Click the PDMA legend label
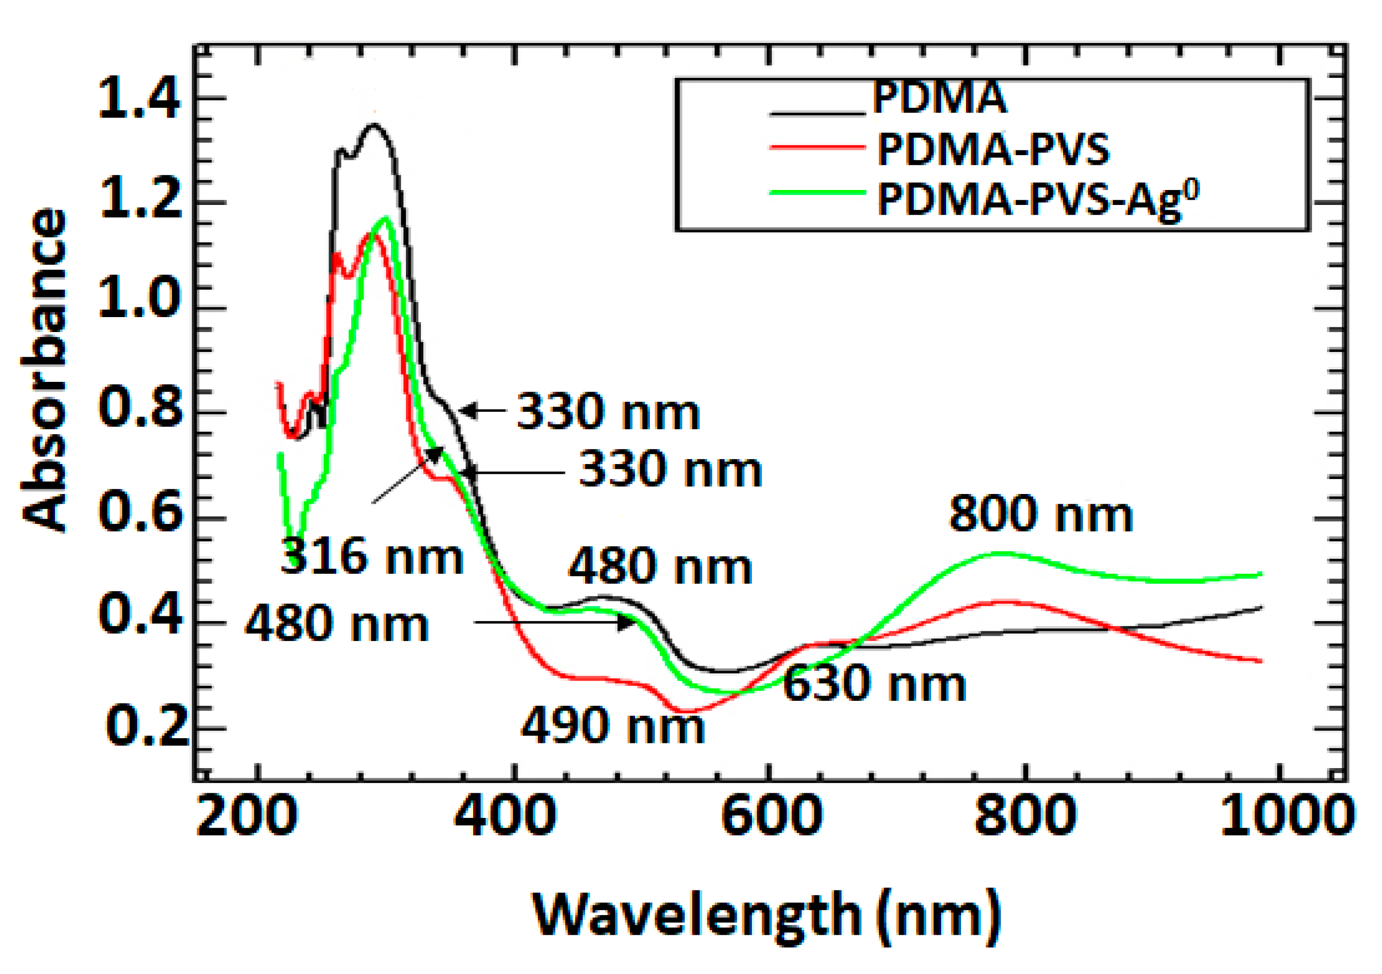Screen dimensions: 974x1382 938,98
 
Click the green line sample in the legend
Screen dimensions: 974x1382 818,193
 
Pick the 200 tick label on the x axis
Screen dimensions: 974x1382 247,817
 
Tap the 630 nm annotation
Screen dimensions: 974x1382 874,685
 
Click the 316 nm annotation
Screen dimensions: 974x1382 372,557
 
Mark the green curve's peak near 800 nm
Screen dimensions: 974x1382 1002,553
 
